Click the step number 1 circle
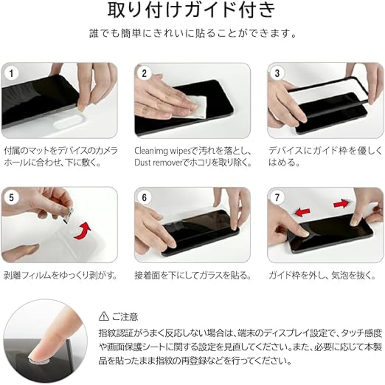11,73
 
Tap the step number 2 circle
144,73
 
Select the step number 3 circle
277,73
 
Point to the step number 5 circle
11,198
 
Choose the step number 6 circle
144,198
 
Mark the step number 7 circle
277,198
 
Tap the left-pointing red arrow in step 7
303,212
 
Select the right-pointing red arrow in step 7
341,204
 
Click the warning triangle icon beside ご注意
104,317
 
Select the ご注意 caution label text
125,317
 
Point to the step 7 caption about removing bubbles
322,276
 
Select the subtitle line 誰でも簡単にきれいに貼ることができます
192,33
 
